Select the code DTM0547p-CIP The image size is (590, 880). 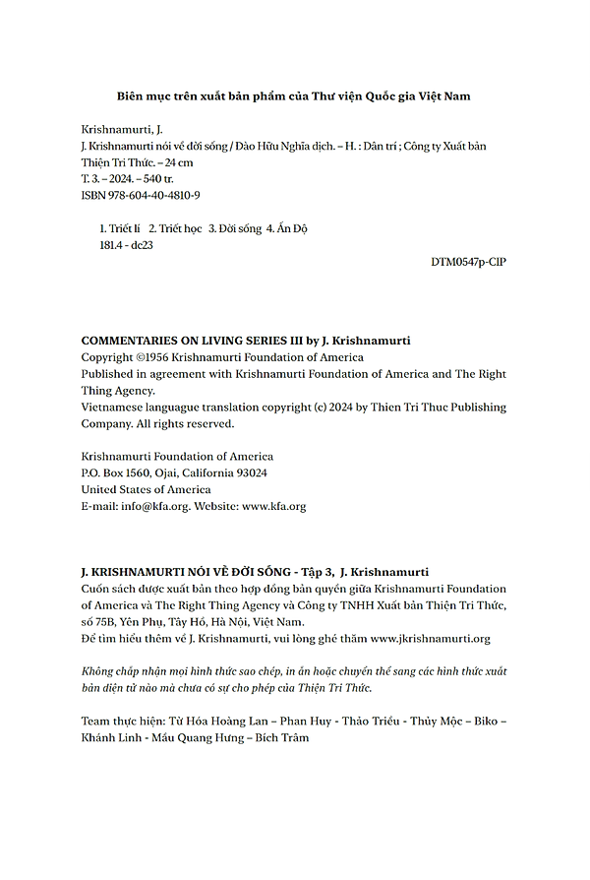tap(468, 262)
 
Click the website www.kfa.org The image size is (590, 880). tap(273, 506)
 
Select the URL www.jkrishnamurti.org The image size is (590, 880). tap(430, 638)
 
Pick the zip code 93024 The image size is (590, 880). tap(247, 472)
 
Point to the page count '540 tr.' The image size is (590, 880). tap(155, 179)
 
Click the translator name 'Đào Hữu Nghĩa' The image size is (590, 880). tap(271, 146)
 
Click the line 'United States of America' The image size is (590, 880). tap(146, 489)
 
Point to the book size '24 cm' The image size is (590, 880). tap(178, 162)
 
